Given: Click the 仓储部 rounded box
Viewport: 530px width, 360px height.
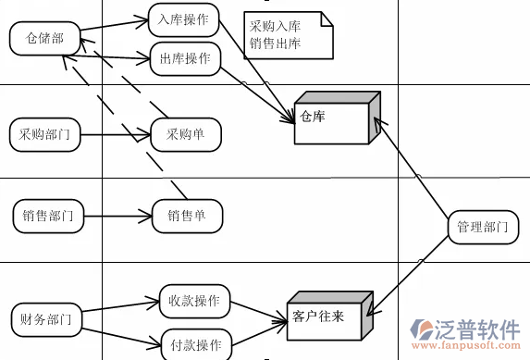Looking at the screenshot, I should [44, 37].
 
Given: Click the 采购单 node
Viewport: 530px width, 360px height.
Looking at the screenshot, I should [185, 134].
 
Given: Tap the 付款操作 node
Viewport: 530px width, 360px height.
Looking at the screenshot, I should [195, 345].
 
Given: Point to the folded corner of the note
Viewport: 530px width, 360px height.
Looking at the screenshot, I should [323, 18].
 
